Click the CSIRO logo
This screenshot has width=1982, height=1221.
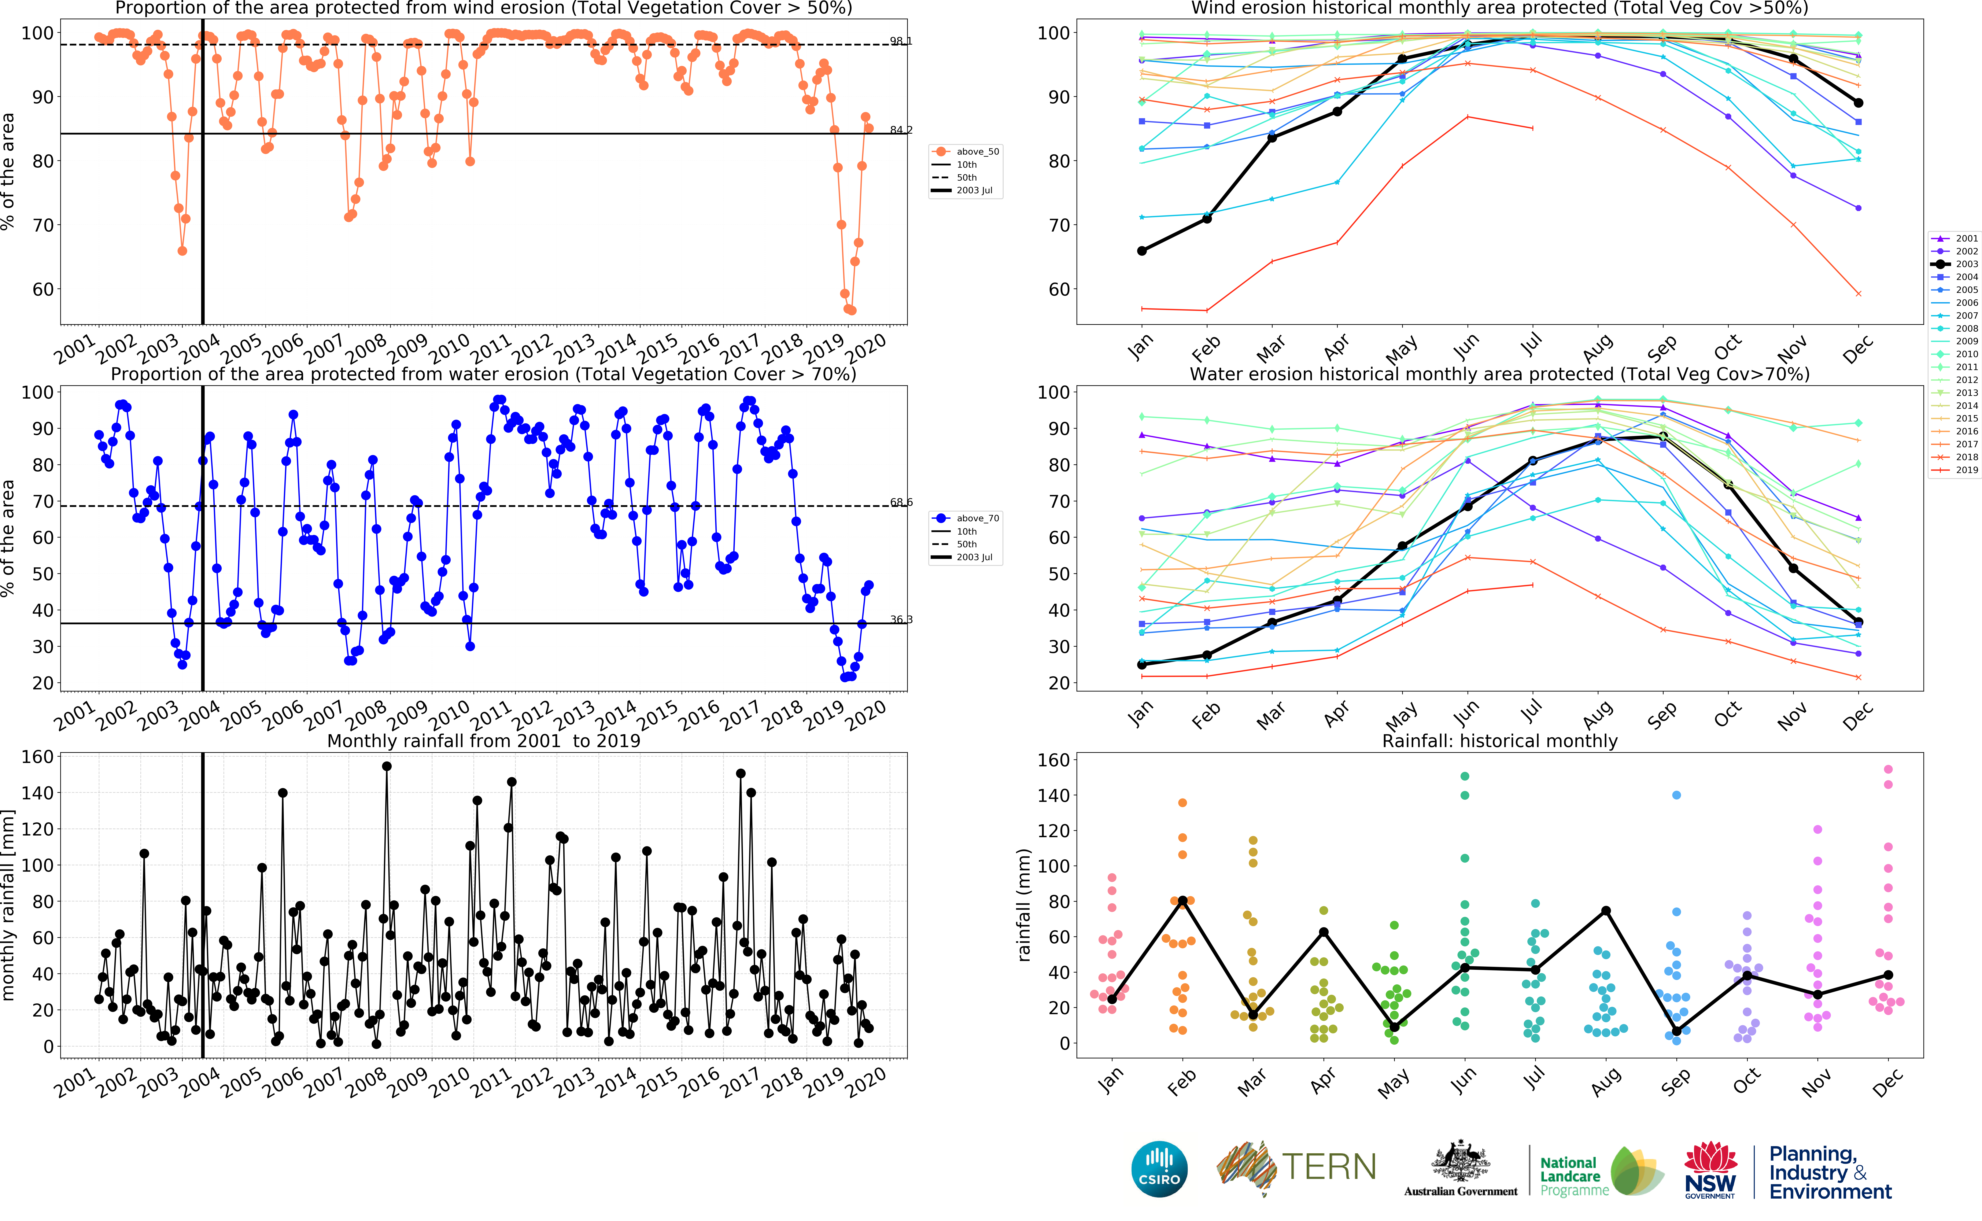(1159, 1169)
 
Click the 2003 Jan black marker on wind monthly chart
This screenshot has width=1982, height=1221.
(1142, 251)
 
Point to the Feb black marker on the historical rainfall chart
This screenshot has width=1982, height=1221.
(1183, 900)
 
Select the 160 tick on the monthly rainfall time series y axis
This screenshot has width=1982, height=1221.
(37, 757)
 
